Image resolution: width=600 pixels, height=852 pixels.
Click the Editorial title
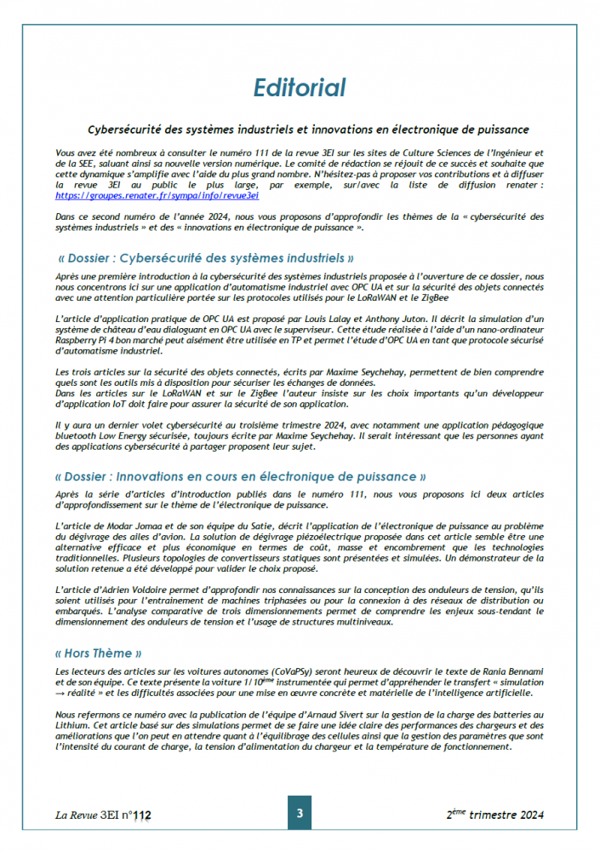[x=300, y=87]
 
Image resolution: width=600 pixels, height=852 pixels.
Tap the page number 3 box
[x=300, y=814]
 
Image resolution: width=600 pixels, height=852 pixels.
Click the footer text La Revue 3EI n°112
[x=103, y=815]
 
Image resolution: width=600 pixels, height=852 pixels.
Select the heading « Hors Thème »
[x=100, y=653]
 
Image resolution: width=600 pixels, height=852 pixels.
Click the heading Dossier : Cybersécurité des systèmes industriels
[x=205, y=257]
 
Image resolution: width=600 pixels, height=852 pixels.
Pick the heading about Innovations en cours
[x=241, y=476]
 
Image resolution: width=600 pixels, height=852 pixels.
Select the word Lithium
[x=74, y=723]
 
